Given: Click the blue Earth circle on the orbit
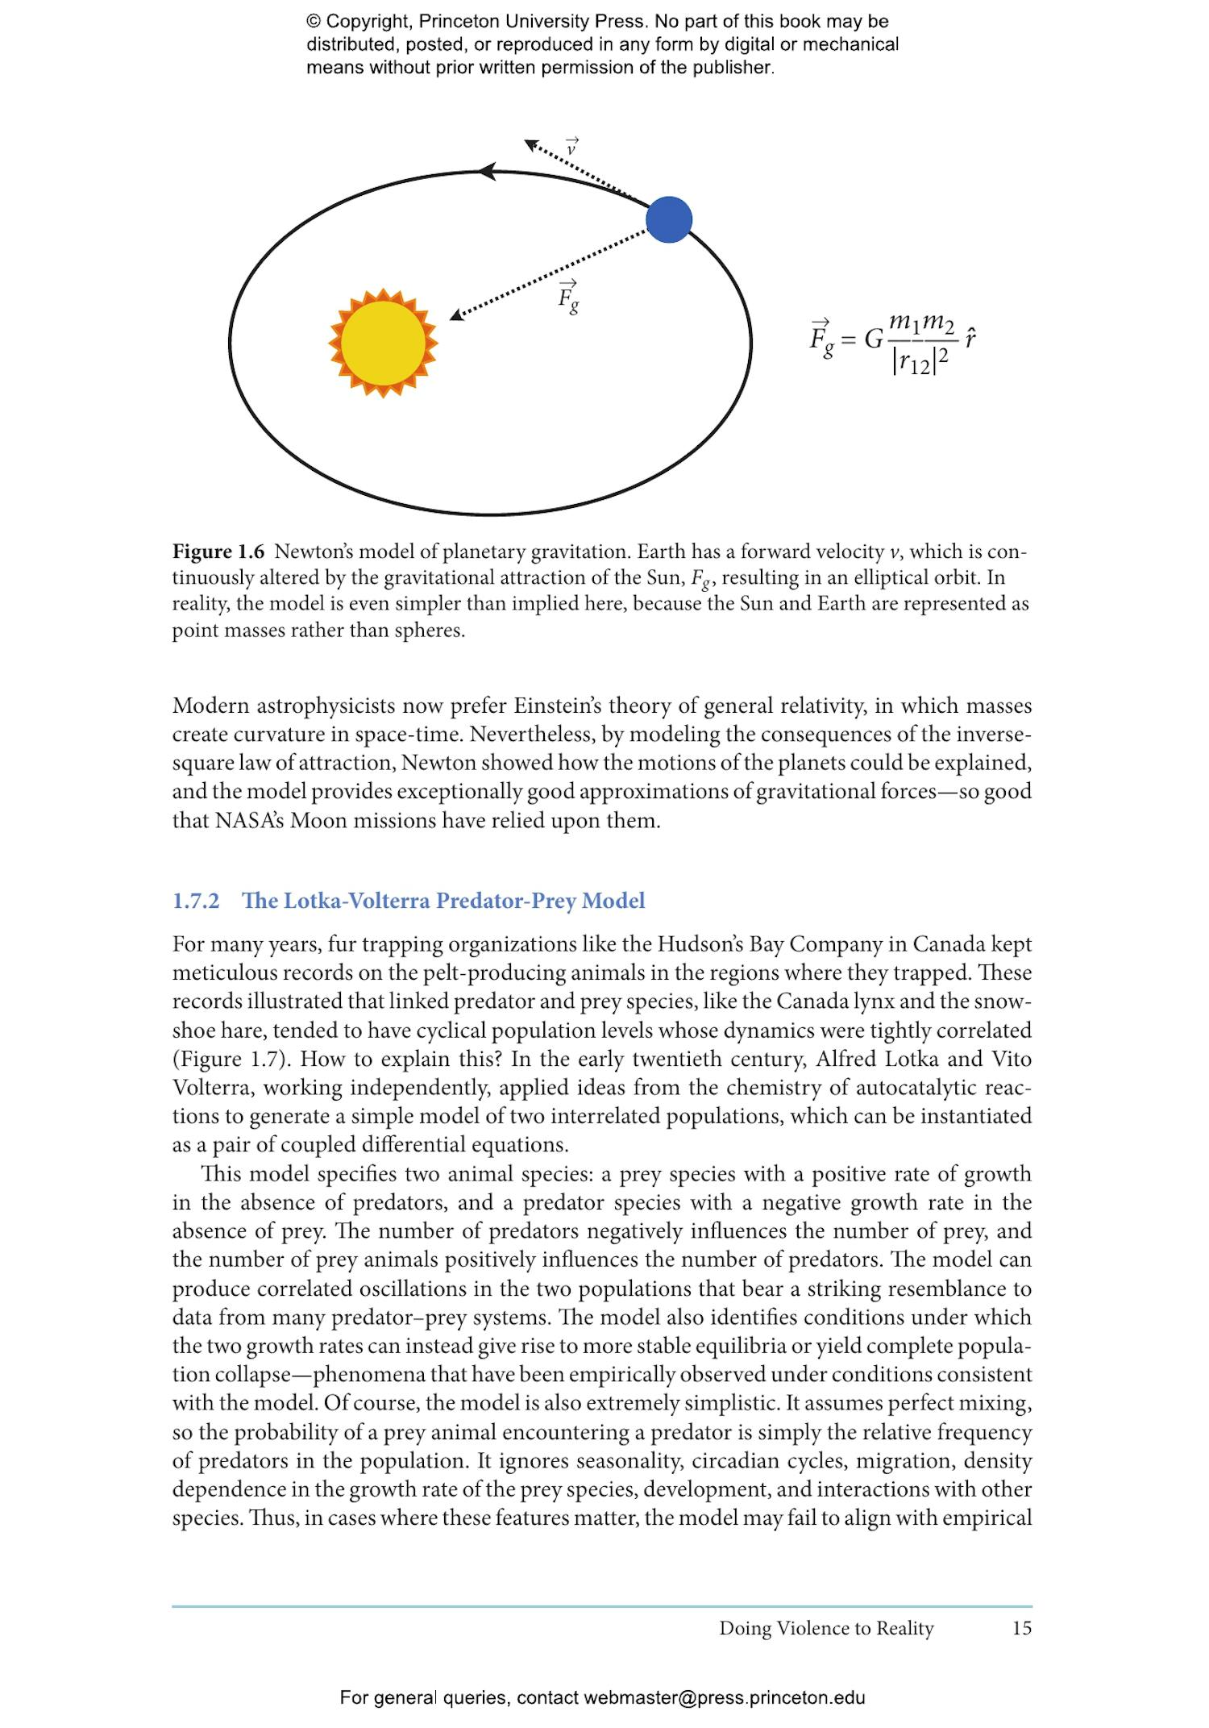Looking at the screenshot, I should coord(669,219).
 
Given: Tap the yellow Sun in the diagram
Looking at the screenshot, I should coord(383,343).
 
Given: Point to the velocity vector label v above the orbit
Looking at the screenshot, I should coord(571,148).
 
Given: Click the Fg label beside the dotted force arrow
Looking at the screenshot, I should coord(568,298).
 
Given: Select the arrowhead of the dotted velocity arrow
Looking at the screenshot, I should coord(531,145).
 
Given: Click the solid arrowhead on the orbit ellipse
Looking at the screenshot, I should coord(487,171).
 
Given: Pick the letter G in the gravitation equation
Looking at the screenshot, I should coord(873,339).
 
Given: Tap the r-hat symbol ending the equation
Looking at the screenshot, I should coord(970,338).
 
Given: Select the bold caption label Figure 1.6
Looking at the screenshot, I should coord(218,552).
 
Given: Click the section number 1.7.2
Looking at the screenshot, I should coord(196,901).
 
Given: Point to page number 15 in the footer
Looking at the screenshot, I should coord(1021,1628).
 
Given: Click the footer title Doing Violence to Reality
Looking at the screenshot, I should coord(826,1628).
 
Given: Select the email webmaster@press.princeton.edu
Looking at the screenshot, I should coord(724,1697).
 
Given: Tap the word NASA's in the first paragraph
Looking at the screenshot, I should coord(249,821).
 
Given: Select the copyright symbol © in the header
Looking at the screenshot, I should coord(313,22).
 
